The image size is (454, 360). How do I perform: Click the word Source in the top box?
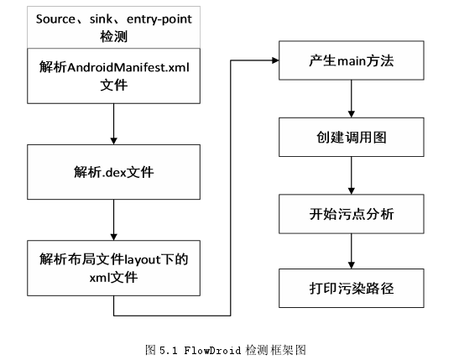click(55, 19)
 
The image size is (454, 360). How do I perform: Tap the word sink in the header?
click(101, 19)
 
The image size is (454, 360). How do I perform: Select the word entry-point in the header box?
click(159, 19)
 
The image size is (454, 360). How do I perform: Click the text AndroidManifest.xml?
click(128, 67)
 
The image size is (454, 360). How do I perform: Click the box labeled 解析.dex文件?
click(114, 172)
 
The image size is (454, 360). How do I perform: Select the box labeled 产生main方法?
click(352, 60)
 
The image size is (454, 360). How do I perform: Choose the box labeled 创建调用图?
click(352, 138)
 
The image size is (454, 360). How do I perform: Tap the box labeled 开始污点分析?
click(352, 214)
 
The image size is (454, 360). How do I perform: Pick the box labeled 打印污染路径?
click(352, 288)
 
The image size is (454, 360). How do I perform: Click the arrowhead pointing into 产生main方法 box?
click(275, 60)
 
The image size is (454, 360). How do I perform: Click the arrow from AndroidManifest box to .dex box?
click(114, 124)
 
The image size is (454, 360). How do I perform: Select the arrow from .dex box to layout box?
click(114, 220)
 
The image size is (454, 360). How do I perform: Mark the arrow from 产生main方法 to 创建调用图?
click(352, 99)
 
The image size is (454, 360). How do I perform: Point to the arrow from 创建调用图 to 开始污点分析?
click(352, 175)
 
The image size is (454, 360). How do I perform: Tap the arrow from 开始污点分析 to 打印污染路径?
click(352, 251)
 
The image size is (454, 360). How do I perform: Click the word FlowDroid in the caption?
click(212, 350)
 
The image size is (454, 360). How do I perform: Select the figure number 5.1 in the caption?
click(168, 350)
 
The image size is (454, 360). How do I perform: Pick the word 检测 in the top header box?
click(114, 37)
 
